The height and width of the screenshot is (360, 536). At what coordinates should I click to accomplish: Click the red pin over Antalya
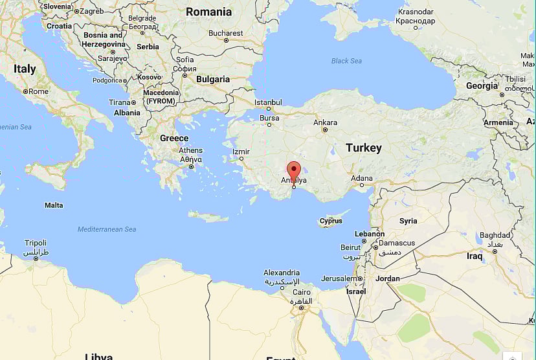pos(294,170)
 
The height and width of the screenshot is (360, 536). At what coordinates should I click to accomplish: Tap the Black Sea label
pos(346,61)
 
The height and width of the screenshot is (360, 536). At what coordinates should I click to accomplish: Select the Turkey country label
pos(363,148)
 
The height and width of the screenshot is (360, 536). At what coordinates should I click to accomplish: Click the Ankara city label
pos(325,122)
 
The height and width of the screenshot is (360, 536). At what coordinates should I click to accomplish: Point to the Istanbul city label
pos(268,102)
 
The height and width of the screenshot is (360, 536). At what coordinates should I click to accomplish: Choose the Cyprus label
pos(331,221)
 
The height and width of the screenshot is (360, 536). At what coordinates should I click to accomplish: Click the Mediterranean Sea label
pos(107,229)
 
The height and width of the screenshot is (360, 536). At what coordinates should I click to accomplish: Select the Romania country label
pos(208,12)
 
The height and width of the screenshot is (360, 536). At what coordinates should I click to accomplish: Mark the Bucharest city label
pos(226,33)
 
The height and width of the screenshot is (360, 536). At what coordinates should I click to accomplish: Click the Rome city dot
pos(26,92)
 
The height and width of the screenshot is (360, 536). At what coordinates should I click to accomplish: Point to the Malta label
pos(54,205)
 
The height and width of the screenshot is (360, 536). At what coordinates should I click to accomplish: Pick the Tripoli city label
pos(36,243)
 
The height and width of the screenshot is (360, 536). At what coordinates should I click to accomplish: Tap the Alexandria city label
pos(282,273)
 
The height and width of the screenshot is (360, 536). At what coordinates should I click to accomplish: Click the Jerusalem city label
pos(339,278)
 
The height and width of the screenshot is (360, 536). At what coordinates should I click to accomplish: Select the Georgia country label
pos(482,86)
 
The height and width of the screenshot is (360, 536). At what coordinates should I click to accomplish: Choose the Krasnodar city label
pos(416,12)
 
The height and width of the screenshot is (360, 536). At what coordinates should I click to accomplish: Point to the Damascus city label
pos(396,243)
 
